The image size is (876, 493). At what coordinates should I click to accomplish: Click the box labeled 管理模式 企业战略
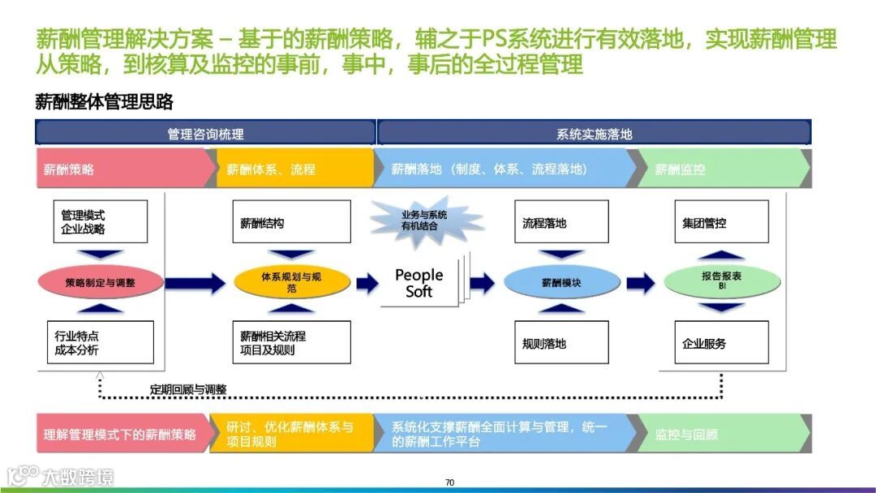click(101, 221)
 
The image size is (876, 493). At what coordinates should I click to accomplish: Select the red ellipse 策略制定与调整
click(101, 283)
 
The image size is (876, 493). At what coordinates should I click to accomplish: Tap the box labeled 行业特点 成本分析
click(101, 342)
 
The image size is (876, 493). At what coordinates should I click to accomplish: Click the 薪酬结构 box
click(291, 221)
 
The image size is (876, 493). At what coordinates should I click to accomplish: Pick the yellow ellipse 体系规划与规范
click(291, 282)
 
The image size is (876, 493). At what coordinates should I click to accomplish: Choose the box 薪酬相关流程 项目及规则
click(291, 342)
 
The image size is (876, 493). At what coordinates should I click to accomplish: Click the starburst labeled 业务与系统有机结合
click(424, 220)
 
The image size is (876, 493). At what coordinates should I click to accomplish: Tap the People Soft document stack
click(420, 283)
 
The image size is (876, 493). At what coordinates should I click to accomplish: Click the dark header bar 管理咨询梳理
click(205, 133)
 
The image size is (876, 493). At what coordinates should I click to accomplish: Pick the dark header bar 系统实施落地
click(594, 133)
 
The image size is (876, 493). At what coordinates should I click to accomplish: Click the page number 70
click(449, 482)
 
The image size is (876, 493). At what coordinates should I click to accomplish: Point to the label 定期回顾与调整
click(188, 389)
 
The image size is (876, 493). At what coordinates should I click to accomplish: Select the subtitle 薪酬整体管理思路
click(105, 102)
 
